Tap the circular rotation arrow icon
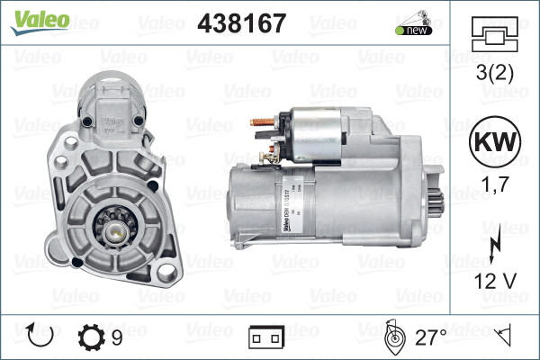tap(41, 337)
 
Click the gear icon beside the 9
tap(91, 337)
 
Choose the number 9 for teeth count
tap(117, 337)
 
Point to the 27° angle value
tap(430, 337)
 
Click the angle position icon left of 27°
tap(392, 337)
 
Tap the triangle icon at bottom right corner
tap(505, 337)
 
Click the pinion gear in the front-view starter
tap(117, 229)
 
